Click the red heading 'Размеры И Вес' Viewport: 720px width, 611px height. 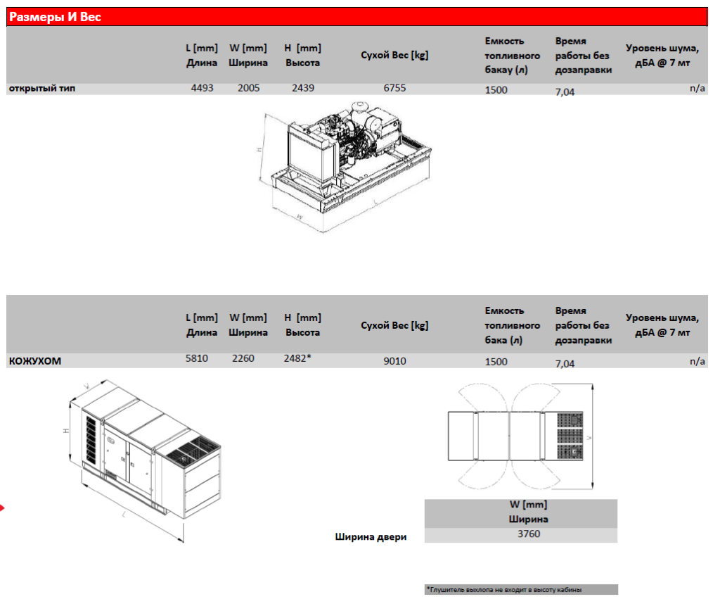click(x=55, y=17)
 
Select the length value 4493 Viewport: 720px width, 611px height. click(x=202, y=89)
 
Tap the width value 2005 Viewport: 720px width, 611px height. click(x=248, y=89)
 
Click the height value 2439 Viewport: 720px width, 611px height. click(x=303, y=89)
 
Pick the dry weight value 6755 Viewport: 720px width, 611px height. click(x=394, y=89)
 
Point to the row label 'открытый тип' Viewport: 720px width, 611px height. click(x=41, y=89)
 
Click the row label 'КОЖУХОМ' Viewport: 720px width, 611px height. click(x=34, y=361)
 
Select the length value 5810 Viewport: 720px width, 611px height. click(x=196, y=358)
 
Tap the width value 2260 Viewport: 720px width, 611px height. click(x=243, y=358)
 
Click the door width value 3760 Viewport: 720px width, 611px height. click(x=528, y=534)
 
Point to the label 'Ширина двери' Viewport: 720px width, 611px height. click(x=371, y=537)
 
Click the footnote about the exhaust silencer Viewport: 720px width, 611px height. click(x=503, y=590)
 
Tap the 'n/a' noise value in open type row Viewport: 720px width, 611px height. click(x=697, y=89)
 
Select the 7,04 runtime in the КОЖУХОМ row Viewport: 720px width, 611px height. click(x=565, y=364)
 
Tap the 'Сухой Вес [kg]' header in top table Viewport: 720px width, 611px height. click(x=394, y=55)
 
